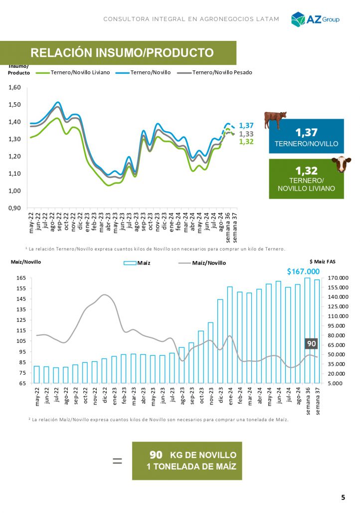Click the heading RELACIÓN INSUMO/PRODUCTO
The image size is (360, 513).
tap(122, 53)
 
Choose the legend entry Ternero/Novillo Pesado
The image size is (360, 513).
tap(215, 72)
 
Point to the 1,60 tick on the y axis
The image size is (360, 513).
tap(14, 87)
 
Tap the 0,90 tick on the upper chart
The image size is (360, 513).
tap(14, 208)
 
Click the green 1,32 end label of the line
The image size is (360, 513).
tap(246, 142)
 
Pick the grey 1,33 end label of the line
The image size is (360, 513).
tap(246, 134)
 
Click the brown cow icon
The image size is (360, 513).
tap(275, 120)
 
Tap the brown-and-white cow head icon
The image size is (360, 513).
tap(341, 164)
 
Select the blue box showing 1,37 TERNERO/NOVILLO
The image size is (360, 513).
tap(306, 136)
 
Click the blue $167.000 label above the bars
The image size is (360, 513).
tap(303, 271)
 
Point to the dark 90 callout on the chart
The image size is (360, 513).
tap(311, 343)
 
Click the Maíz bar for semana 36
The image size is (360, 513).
tap(308, 330)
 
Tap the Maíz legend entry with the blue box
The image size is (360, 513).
tap(137, 262)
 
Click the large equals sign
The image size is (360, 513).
tap(117, 461)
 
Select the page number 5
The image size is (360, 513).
tap(343, 497)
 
